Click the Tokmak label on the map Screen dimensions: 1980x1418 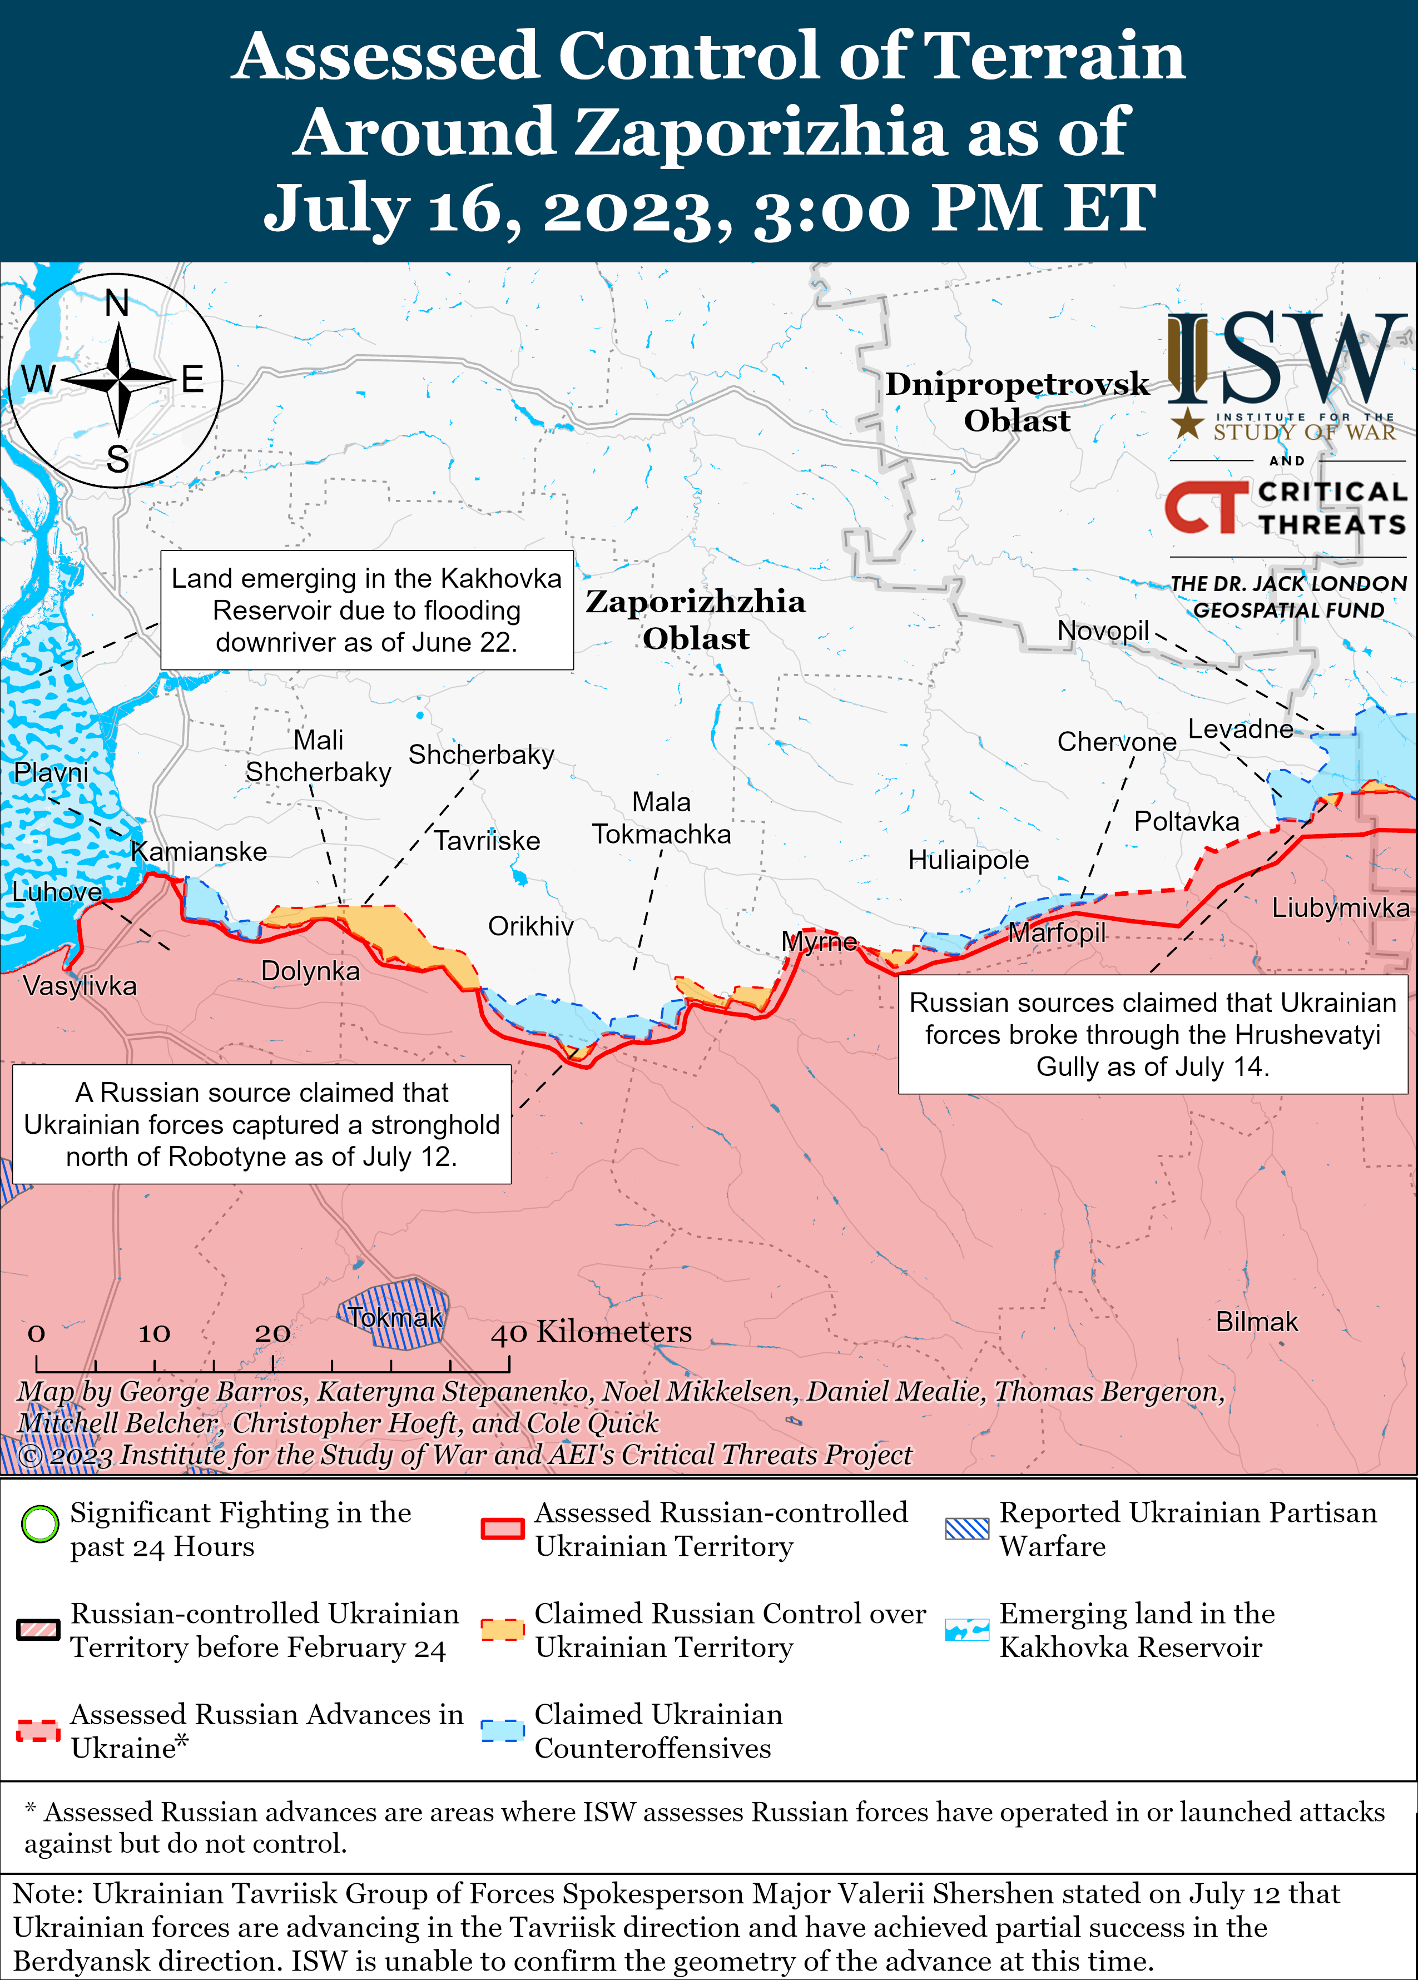coord(395,1317)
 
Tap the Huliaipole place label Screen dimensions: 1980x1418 coord(968,860)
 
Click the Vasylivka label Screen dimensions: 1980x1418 coord(80,986)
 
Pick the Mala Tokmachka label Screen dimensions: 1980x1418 coord(661,818)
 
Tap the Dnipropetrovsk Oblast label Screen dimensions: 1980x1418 coord(1017,401)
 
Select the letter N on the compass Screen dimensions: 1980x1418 coord(117,304)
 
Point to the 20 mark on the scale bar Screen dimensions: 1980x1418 coord(272,1333)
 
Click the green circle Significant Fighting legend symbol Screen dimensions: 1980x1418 coord(39,1524)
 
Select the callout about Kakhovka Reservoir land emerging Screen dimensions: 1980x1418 coord(366,611)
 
